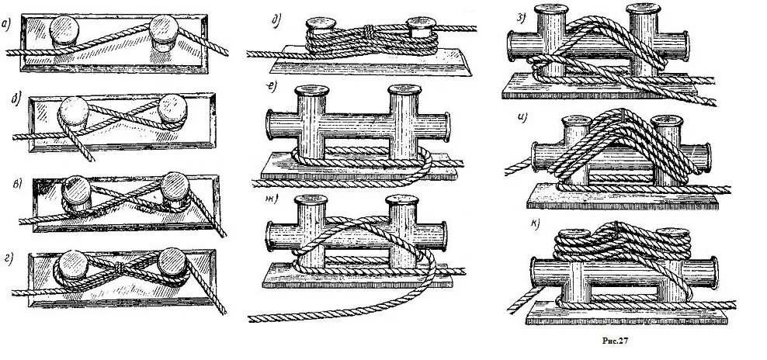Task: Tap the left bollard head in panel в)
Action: click(75, 186)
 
